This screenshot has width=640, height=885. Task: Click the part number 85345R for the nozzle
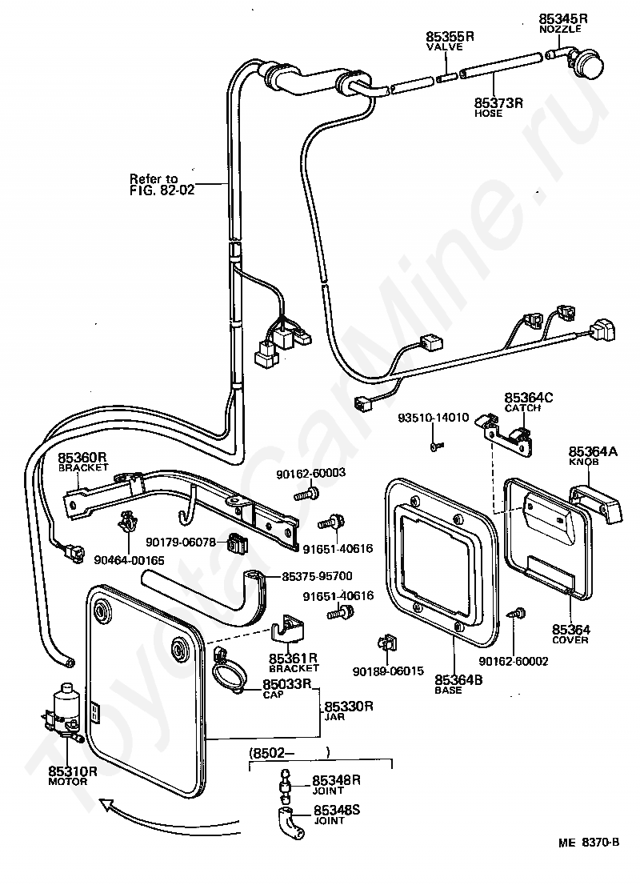click(563, 18)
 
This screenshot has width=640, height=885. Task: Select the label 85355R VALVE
click(450, 41)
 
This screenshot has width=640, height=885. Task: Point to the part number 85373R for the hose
click(498, 102)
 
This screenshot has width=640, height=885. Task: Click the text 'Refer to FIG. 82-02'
click(162, 185)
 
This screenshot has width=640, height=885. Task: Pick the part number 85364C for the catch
click(529, 398)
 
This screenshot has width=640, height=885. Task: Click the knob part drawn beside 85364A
click(595, 503)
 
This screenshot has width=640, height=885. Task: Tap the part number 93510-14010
click(434, 418)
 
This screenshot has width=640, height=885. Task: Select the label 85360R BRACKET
click(83, 461)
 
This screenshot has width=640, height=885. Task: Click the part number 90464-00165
click(130, 560)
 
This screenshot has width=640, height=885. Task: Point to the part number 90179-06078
click(181, 542)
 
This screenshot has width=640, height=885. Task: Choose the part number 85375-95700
click(317, 576)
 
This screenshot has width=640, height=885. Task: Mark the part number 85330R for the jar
click(348, 706)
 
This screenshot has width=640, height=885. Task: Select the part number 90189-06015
click(388, 671)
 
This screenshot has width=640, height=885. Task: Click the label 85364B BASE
click(458, 684)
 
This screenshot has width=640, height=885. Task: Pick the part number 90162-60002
click(514, 661)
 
